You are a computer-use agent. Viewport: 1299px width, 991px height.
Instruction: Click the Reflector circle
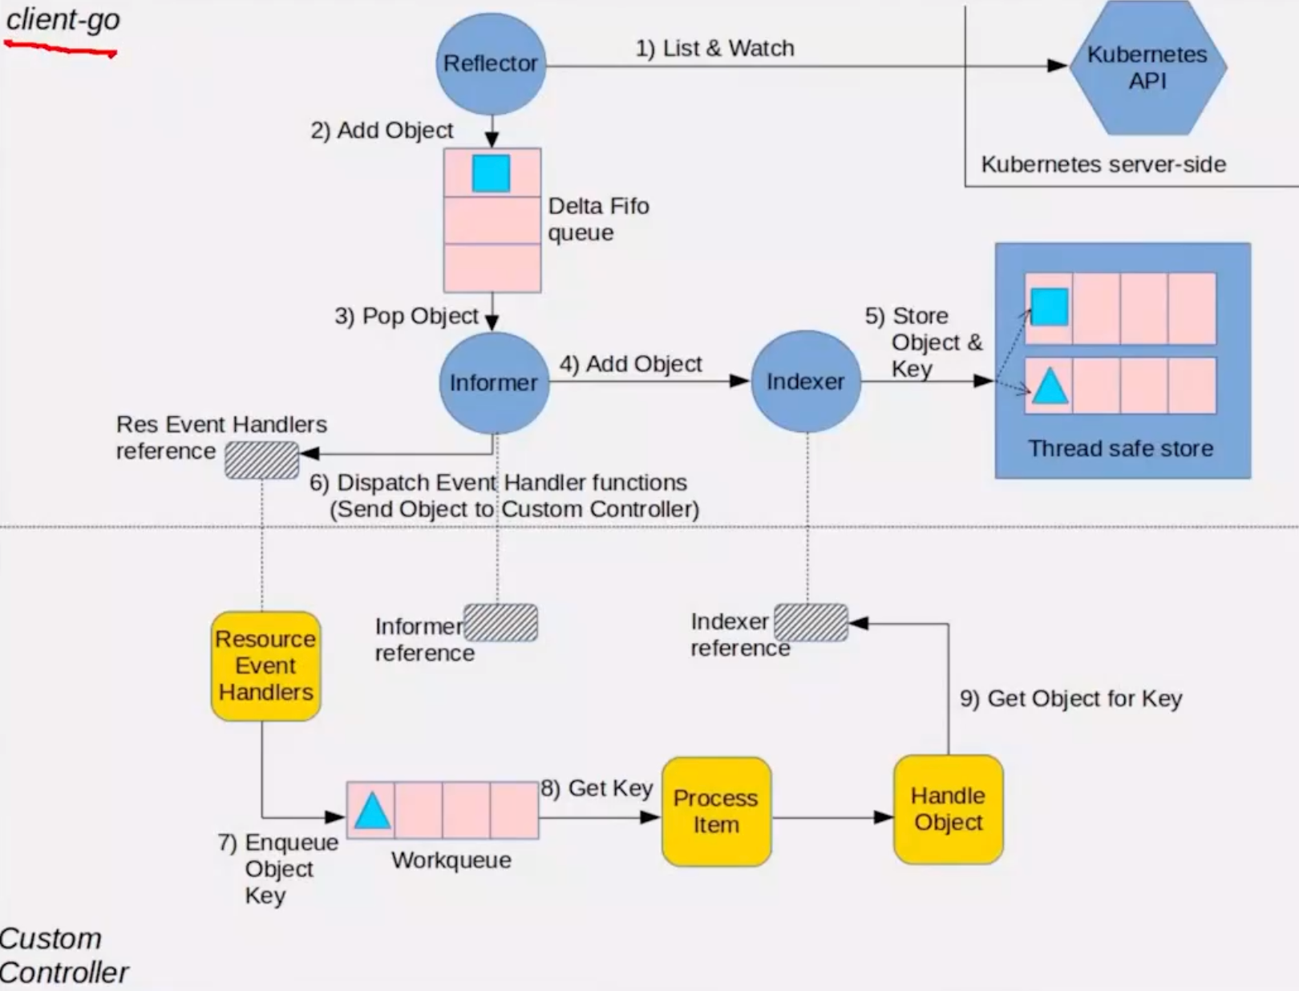[x=491, y=63]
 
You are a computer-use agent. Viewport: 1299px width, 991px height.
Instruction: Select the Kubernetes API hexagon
[x=1147, y=67]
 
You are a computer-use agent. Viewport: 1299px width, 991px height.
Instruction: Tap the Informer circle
[x=494, y=382]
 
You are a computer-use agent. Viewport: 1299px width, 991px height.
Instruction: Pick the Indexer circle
[x=806, y=382]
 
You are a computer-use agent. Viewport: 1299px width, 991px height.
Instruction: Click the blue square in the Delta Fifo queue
[x=491, y=173]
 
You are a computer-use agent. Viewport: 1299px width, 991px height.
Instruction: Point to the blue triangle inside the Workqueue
[x=372, y=811]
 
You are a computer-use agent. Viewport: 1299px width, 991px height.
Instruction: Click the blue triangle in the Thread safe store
[x=1050, y=386]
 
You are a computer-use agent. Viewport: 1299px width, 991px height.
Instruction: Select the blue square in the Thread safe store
[x=1049, y=307]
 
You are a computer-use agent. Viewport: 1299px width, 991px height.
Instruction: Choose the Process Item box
[x=716, y=811]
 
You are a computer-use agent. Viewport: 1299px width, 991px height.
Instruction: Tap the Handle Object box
[x=948, y=809]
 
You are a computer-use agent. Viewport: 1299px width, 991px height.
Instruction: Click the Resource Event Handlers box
[x=265, y=665]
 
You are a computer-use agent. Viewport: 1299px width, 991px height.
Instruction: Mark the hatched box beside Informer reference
[x=501, y=623]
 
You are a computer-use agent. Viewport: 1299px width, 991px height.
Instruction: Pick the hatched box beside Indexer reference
[x=811, y=623]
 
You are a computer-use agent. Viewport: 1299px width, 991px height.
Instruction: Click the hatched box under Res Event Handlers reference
[x=261, y=460]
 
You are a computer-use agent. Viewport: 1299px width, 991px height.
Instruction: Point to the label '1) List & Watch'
[x=714, y=48]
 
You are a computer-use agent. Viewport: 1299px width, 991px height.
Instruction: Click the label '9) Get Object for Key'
[x=1070, y=698]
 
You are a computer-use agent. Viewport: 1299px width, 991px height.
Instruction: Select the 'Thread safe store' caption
[x=1120, y=448]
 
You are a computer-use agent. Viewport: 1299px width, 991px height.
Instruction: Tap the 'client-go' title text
[x=63, y=19]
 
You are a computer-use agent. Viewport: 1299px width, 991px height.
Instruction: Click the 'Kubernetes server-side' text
[x=1103, y=164]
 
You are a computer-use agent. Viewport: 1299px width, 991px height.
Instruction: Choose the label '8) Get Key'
[x=597, y=788]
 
